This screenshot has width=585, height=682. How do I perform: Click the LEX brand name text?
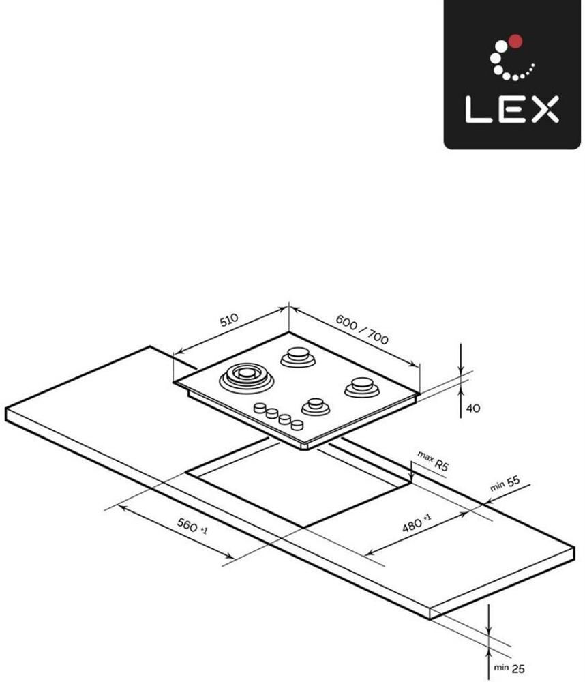[x=512, y=109]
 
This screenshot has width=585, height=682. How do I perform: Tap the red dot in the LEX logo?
[x=515, y=42]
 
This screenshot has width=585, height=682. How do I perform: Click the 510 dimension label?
[x=229, y=320]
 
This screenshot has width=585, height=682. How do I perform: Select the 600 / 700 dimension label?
[x=362, y=330]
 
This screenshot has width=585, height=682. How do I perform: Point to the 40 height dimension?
[x=472, y=409]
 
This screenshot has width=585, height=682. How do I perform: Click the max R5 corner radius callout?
[x=433, y=461]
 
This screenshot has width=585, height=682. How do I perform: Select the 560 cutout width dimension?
[x=192, y=527]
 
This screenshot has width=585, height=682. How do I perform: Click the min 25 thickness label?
[x=509, y=668]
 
